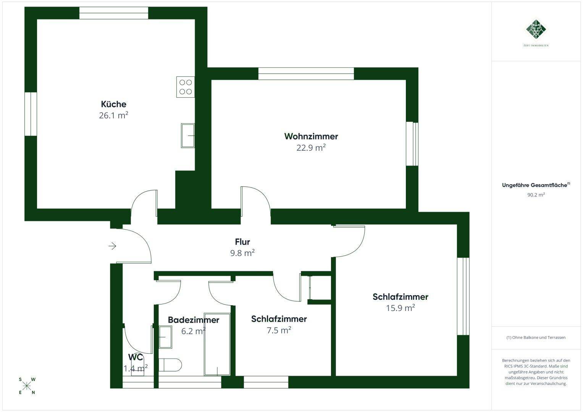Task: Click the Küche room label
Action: click(x=113, y=104)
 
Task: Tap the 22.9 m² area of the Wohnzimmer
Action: click(x=311, y=148)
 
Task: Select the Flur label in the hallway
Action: click(x=242, y=241)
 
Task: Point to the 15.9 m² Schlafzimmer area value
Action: click(x=400, y=308)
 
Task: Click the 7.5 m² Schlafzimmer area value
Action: click(x=279, y=330)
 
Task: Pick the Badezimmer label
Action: click(x=194, y=320)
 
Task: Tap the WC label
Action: click(x=136, y=357)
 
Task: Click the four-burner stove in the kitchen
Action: click(x=185, y=87)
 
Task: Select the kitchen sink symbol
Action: click(x=188, y=135)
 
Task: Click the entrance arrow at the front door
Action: click(x=112, y=246)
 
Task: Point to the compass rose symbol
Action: click(x=27, y=386)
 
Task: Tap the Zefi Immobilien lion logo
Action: click(x=536, y=29)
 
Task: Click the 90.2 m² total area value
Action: click(x=536, y=195)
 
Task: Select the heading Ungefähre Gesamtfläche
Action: click(x=535, y=185)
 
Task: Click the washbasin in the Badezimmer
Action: click(x=165, y=337)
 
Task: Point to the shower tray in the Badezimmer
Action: click(x=217, y=344)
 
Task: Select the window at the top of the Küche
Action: click(x=114, y=13)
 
